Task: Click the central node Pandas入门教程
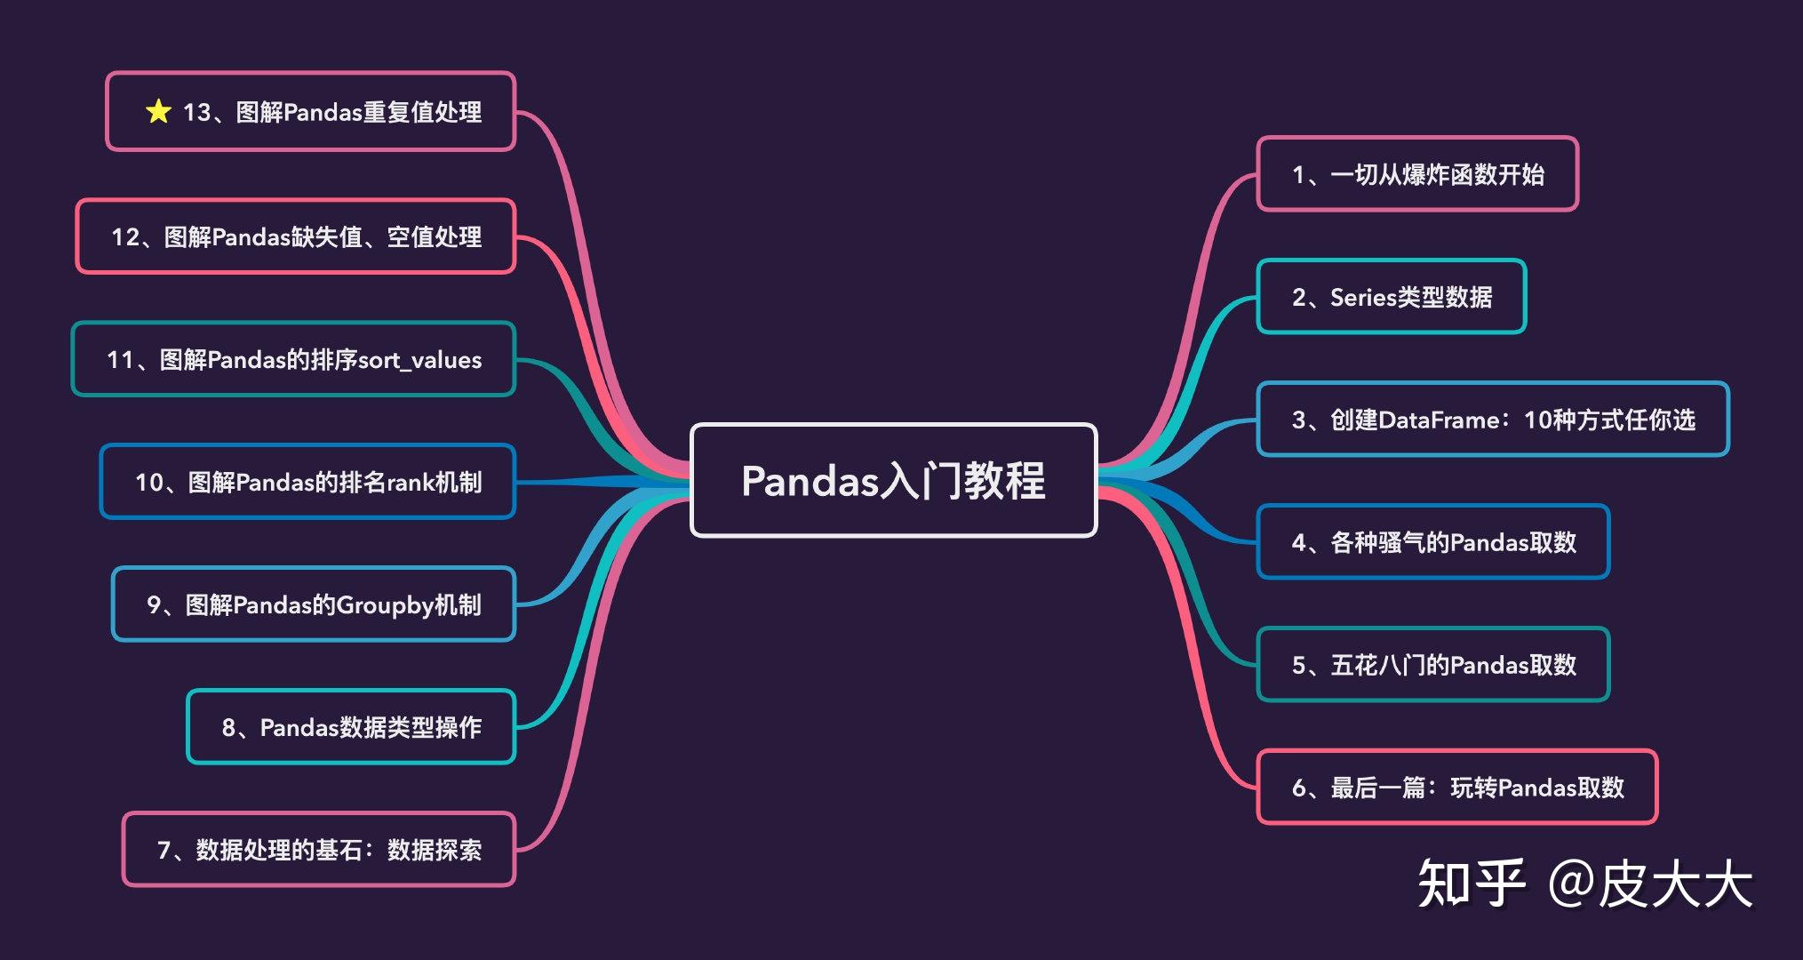pyautogui.click(x=893, y=480)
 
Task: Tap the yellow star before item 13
pyautogui.click(x=158, y=111)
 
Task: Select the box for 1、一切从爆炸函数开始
pyautogui.click(x=1416, y=174)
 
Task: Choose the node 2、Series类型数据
pyautogui.click(x=1391, y=297)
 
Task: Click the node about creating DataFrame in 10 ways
pyautogui.click(x=1492, y=420)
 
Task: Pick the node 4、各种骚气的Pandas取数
pyautogui.click(x=1432, y=542)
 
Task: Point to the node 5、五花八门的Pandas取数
pyautogui.click(x=1432, y=665)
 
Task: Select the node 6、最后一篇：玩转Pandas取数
pyautogui.click(x=1456, y=788)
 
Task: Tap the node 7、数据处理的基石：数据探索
pyautogui.click(x=318, y=850)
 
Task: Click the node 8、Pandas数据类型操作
pyautogui.click(x=351, y=727)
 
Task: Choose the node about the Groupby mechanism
pyautogui.click(x=313, y=604)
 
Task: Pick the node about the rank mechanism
pyautogui.click(x=307, y=482)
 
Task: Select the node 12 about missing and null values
pyautogui.click(x=295, y=236)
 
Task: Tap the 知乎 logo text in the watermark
pyautogui.click(x=1471, y=884)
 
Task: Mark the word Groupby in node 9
pyautogui.click(x=384, y=605)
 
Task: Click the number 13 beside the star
pyautogui.click(x=196, y=112)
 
